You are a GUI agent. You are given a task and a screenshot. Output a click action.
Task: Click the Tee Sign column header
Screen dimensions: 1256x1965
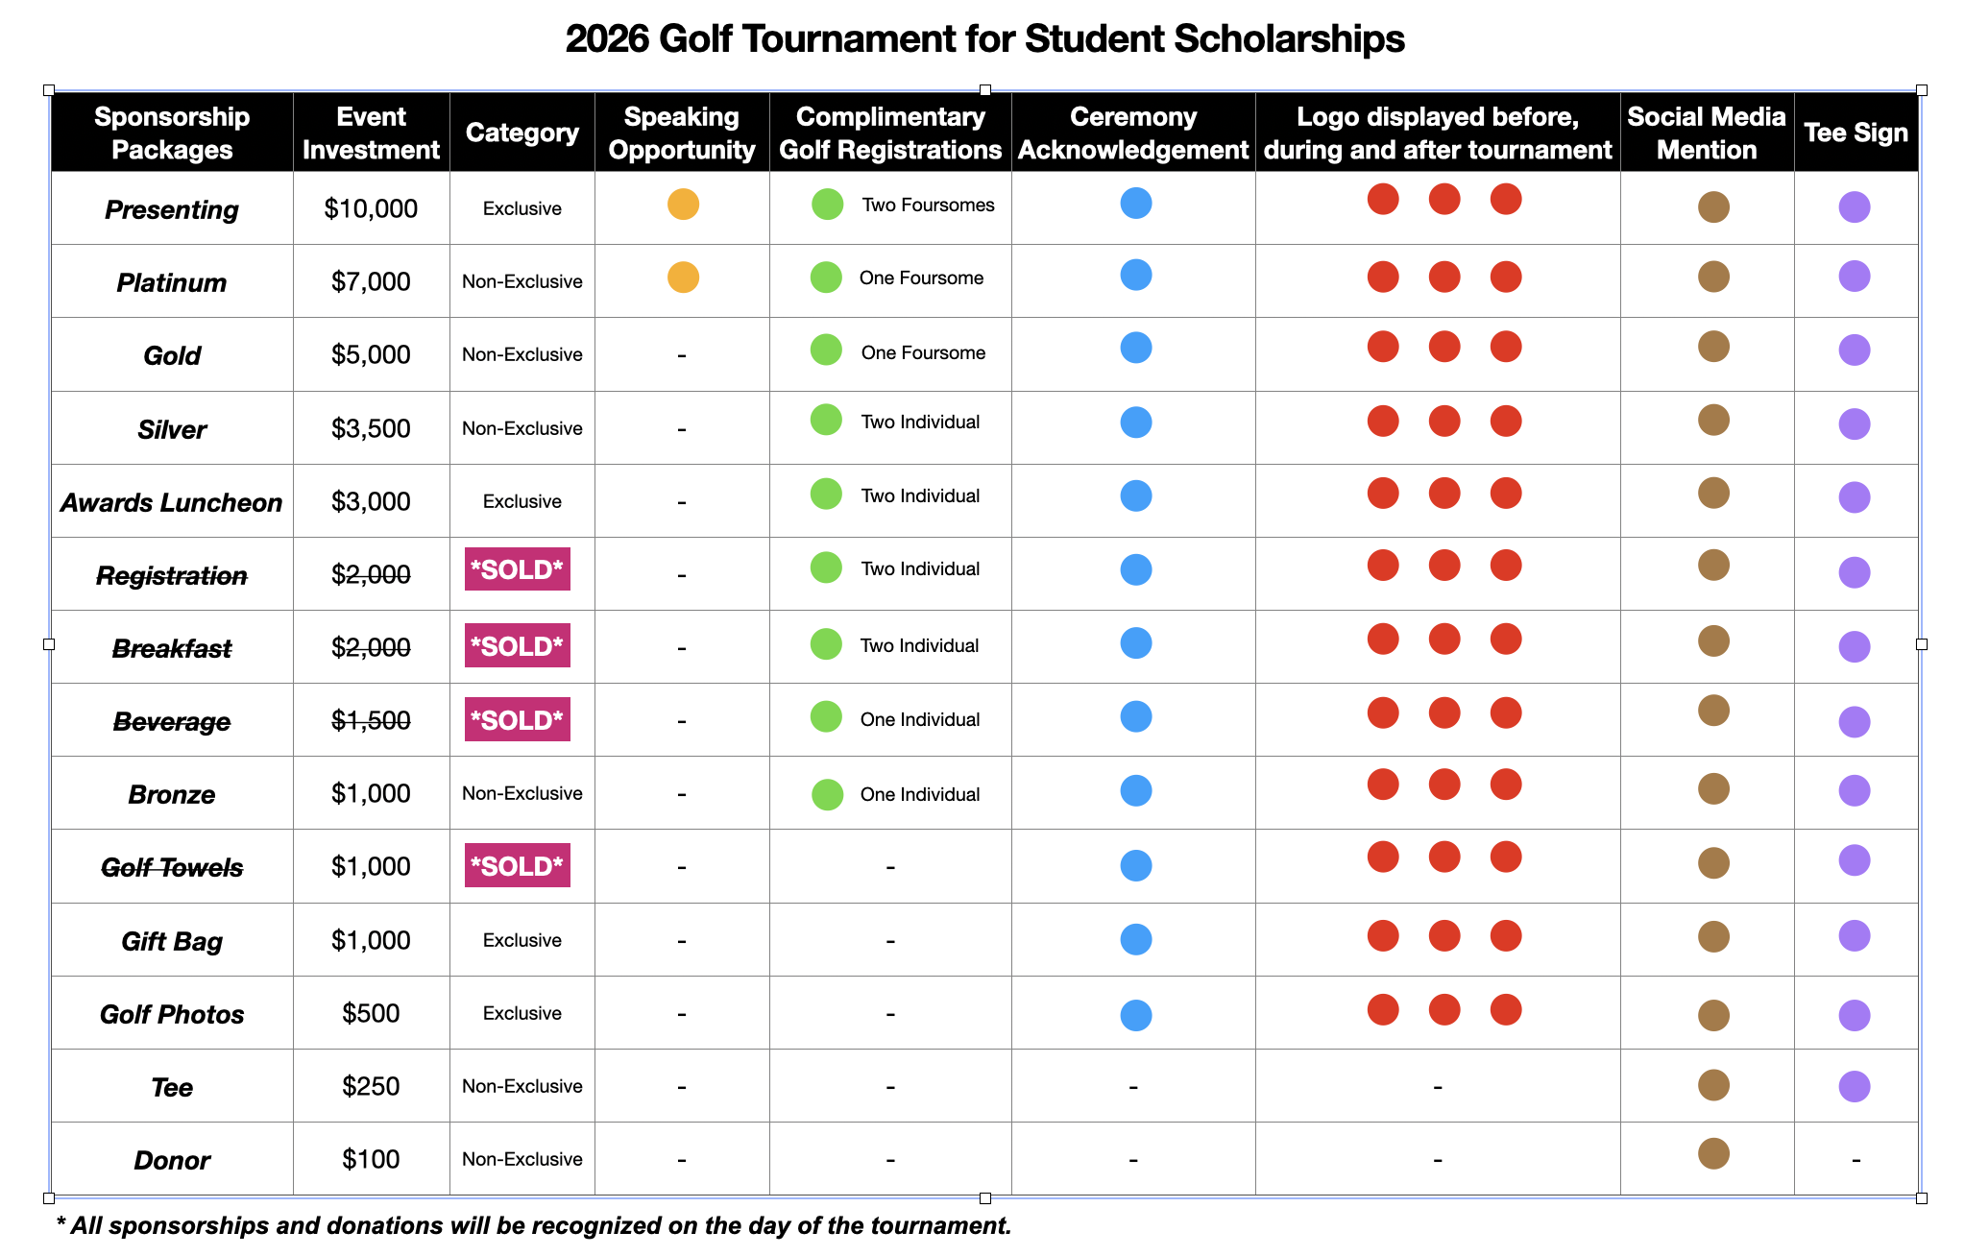click(x=1856, y=133)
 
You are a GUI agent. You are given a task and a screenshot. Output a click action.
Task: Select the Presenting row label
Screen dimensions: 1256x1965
click(x=172, y=209)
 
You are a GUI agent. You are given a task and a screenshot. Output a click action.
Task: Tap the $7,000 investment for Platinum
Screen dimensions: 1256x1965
click(x=371, y=281)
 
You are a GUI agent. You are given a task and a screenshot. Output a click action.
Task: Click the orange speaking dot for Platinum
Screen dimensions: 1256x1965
click(x=683, y=278)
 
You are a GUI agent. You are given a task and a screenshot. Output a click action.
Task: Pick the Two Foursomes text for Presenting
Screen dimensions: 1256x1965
click(x=928, y=205)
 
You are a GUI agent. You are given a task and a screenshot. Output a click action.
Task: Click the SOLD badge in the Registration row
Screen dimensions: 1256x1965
click(x=518, y=569)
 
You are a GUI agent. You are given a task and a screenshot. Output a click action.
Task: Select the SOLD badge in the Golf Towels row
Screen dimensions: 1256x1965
click(x=518, y=866)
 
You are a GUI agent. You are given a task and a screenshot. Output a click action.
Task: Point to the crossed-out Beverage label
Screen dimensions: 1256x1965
click(x=172, y=721)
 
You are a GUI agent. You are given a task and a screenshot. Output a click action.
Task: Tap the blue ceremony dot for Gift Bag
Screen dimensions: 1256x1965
click(x=1135, y=939)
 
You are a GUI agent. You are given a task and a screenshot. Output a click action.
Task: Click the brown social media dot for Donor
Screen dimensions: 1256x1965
click(x=1713, y=1153)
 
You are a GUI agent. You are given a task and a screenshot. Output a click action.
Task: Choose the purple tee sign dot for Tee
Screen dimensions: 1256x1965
click(x=1854, y=1086)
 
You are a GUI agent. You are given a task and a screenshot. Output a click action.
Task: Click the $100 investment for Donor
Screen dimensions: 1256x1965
click(x=371, y=1159)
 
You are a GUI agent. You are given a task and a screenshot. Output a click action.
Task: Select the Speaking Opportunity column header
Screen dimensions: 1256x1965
click(x=682, y=133)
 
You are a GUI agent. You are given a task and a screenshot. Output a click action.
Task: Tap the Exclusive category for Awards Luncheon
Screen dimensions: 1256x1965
click(x=522, y=501)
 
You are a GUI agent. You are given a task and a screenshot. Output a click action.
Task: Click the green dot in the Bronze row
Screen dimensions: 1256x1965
click(x=827, y=794)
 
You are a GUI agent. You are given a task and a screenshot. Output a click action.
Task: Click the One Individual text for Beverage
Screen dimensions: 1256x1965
click(x=919, y=719)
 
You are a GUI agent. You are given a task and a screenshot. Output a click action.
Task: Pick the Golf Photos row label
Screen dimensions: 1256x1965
click(x=172, y=1014)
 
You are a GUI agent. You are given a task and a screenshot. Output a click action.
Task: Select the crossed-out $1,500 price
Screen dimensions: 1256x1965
click(x=371, y=720)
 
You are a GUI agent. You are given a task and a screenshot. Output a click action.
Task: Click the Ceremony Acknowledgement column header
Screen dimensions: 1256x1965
click(x=1133, y=133)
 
